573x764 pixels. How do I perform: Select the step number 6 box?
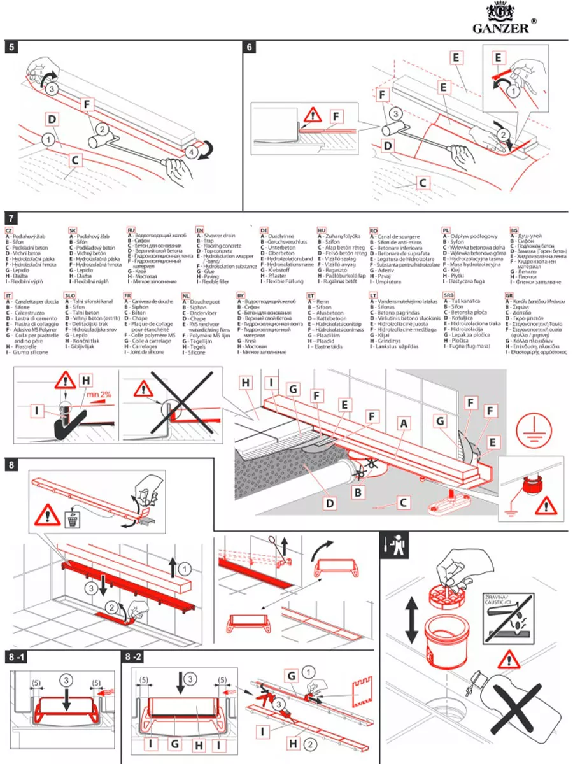[250, 48]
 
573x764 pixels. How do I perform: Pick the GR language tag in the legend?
[509, 296]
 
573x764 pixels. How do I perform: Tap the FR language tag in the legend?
[127, 296]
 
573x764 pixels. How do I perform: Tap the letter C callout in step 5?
[75, 161]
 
